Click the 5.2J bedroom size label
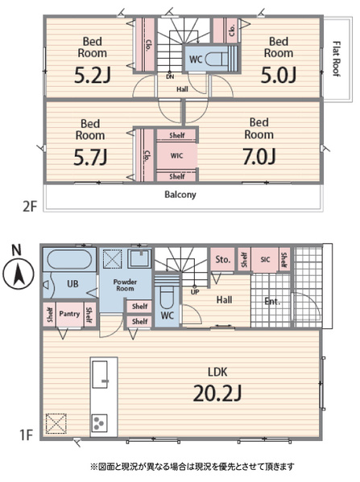93,76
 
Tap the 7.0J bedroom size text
259,156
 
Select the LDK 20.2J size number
217,393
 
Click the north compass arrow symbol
19,274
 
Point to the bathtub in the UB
69,260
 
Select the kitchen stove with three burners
99,423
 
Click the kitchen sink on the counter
101,374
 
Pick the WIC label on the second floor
176,155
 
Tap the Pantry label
69,314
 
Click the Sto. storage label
223,260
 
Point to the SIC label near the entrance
265,259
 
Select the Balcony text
180,194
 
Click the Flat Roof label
337,59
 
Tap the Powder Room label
125,285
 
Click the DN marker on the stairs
170,76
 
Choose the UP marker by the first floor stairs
195,292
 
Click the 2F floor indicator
30,206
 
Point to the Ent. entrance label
272,301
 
